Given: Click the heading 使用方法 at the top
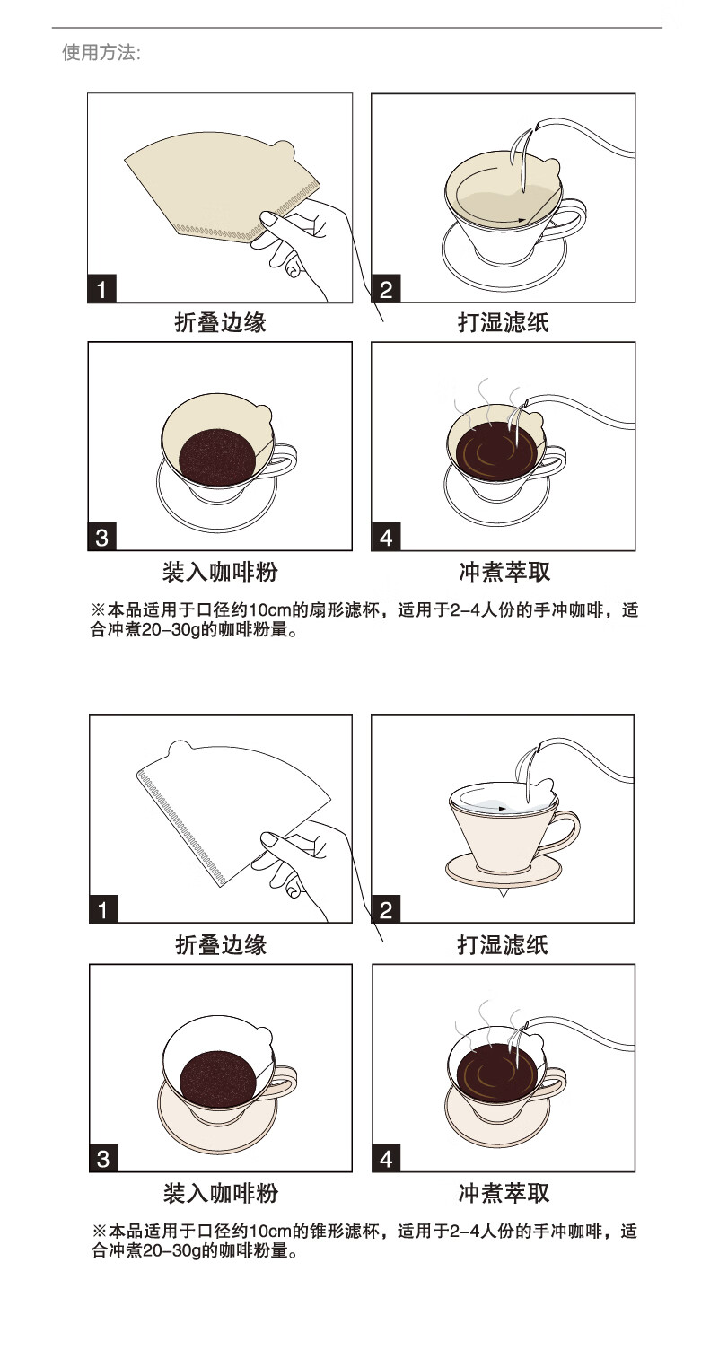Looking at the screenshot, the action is (x=101, y=53).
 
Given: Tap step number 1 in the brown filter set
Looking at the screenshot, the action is (x=101, y=289).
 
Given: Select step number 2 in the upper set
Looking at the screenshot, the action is (x=386, y=289).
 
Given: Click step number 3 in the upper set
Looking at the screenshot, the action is (x=101, y=537).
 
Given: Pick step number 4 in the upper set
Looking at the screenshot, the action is (x=386, y=537).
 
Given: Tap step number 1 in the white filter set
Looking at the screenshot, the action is (x=103, y=909).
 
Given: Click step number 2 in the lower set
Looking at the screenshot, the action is (x=386, y=909).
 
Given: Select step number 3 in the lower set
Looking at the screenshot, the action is (x=103, y=1159).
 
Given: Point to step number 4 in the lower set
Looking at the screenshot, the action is (x=386, y=1159).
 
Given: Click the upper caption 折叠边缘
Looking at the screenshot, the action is (x=221, y=322).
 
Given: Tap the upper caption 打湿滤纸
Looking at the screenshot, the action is (x=504, y=322).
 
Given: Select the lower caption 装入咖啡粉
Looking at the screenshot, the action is (x=221, y=1193).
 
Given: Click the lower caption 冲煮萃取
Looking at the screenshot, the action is (x=504, y=1193).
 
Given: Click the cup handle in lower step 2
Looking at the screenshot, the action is (x=567, y=829).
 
